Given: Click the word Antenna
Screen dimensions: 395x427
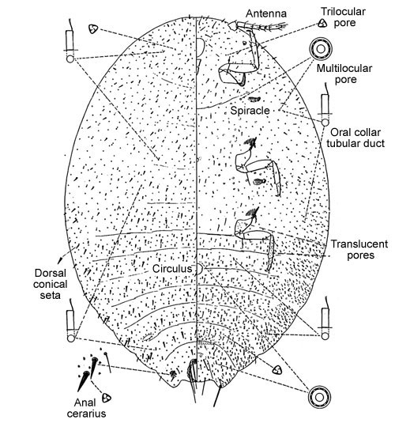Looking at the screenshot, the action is pos(266,13).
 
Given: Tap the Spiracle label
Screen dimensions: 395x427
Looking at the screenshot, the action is pos(250,110).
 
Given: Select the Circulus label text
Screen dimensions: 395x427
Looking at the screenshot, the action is pos(172,269).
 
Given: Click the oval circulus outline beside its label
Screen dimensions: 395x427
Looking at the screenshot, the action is pos(199,269).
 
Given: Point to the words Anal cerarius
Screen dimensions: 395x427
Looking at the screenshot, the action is pos(86,408).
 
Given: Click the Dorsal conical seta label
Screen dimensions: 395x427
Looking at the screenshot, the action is pos(50,284).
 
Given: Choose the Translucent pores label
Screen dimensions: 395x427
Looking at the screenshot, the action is pos(359,249).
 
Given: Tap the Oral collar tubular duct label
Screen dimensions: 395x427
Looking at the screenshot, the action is pos(355,138).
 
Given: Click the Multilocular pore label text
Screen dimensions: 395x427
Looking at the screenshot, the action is pos(344,74).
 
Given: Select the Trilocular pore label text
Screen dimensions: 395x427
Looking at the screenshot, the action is pos(343,17).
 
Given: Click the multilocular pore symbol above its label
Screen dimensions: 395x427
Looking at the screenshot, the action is pos(321,49).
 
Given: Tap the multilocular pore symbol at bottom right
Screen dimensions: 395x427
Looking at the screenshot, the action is pos(319,397).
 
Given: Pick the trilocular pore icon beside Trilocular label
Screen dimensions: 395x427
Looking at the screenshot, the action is pos(322,23).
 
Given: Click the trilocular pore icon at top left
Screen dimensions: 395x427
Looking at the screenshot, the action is pos(93,28).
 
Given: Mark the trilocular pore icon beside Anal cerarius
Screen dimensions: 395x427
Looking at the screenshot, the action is pos(107,398).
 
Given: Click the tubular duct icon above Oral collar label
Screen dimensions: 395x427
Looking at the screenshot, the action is pos(325,105).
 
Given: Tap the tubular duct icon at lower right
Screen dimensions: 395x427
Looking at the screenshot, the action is pos(325,319).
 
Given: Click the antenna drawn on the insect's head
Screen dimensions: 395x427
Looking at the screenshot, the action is pos(258,26).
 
